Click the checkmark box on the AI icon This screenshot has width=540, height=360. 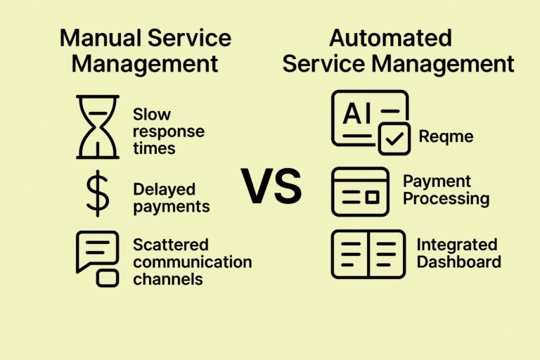click(x=394, y=139)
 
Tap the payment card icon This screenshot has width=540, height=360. click(x=359, y=191)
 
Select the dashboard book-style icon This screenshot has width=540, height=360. click(x=368, y=253)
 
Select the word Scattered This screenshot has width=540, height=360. click(x=171, y=245)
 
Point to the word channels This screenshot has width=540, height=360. click(x=168, y=279)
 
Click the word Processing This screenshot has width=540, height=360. click(x=446, y=198)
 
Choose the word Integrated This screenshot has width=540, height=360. click(x=457, y=245)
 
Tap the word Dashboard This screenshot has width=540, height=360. click(x=458, y=262)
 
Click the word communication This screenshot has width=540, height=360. click(x=192, y=262)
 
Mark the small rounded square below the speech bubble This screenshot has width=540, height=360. click(x=107, y=278)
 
